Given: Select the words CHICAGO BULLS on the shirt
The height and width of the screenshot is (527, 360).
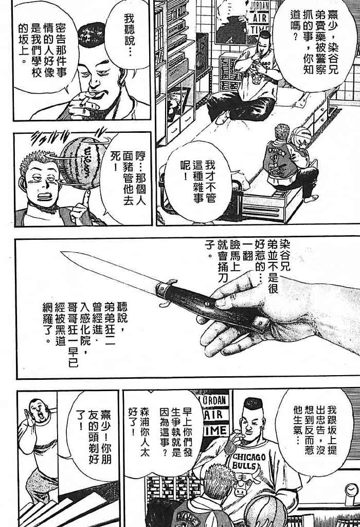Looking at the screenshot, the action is click(x=249, y=461).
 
